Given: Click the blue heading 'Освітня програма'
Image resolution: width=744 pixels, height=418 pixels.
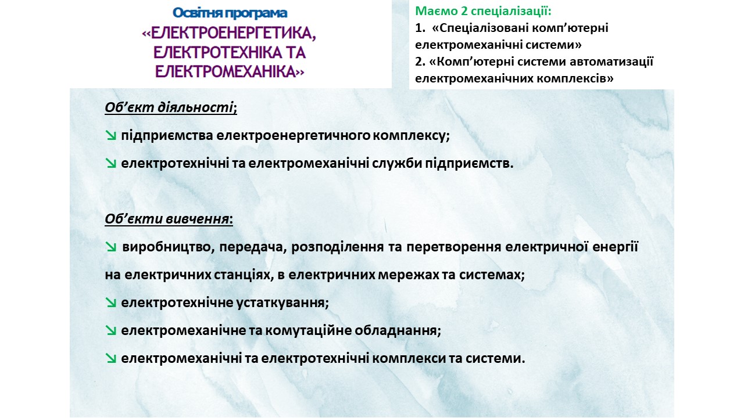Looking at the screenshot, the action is click(230, 13).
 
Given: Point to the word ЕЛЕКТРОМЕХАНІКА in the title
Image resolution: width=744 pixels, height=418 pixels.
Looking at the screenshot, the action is click(225, 71).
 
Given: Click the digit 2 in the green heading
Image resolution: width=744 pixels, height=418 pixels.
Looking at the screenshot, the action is click(464, 11).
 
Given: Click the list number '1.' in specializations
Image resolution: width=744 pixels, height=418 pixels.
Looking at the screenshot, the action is click(420, 28).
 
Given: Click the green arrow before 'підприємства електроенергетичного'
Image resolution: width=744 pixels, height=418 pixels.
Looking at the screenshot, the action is click(110, 135).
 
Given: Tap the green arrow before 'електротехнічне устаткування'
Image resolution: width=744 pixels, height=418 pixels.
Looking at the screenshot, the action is click(110, 302).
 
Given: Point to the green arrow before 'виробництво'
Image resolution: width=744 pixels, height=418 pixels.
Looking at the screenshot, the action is click(110, 247).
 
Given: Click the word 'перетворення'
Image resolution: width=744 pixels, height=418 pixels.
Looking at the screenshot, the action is click(454, 247).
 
